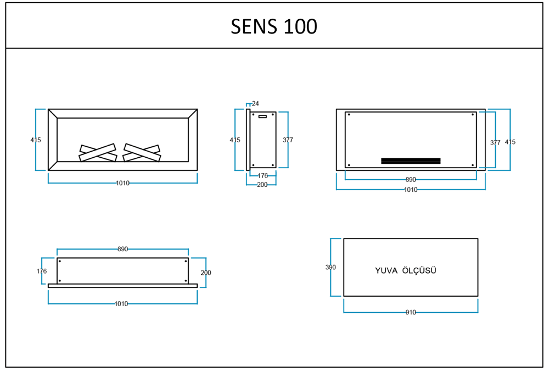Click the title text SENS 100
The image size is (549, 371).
click(x=274, y=26)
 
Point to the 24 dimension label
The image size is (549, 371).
click(x=255, y=103)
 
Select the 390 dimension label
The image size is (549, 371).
click(x=330, y=267)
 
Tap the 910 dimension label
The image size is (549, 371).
click(x=411, y=312)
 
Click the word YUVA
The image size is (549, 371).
click(x=386, y=270)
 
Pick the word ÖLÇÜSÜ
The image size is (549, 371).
click(x=419, y=270)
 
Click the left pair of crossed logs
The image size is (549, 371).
click(x=98, y=153)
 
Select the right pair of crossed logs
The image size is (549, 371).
click(x=142, y=153)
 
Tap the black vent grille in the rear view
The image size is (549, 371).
click(x=411, y=161)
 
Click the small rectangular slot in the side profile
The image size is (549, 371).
click(x=262, y=116)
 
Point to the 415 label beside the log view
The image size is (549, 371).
click(x=36, y=140)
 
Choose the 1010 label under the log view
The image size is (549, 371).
click(x=122, y=183)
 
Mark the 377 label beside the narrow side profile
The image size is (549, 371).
click(x=288, y=140)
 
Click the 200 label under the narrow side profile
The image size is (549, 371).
click(x=262, y=185)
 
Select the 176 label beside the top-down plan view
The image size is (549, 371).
click(x=42, y=271)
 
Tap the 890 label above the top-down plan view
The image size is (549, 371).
click(x=122, y=249)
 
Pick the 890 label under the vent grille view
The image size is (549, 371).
click(x=411, y=180)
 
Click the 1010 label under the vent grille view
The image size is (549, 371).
click(x=411, y=190)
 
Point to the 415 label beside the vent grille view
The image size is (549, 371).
click(x=510, y=142)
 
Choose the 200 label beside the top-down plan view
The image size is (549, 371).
click(x=206, y=273)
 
